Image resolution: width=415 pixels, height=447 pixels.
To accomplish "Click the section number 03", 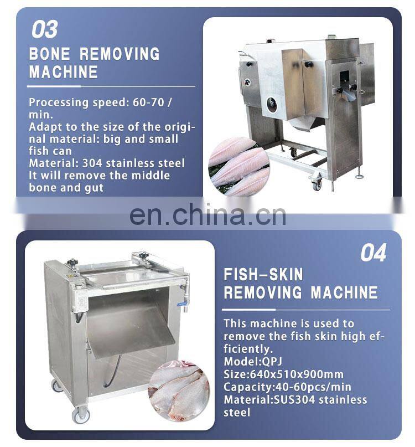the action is pyautogui.click(x=45, y=29).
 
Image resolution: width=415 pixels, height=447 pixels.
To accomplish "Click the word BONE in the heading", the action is pyautogui.click(x=50, y=54).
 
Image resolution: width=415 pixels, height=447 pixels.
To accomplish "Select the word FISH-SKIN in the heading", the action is pyautogui.click(x=263, y=275).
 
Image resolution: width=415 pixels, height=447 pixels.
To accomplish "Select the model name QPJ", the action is pyautogui.click(x=272, y=362).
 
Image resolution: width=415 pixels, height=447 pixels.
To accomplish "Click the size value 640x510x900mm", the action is pyautogui.click(x=297, y=374).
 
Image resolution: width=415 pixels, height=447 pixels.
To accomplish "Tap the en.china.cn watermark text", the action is pyautogui.click(x=207, y=215).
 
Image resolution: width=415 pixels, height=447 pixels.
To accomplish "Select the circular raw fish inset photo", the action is pyautogui.click(x=179, y=391).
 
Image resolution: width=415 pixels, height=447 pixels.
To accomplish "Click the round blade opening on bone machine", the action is pyautogui.click(x=272, y=103).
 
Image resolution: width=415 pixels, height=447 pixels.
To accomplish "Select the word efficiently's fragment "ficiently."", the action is pyautogui.click(x=248, y=349).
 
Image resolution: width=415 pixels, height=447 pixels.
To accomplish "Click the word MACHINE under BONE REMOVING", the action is pyautogui.click(x=64, y=72).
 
